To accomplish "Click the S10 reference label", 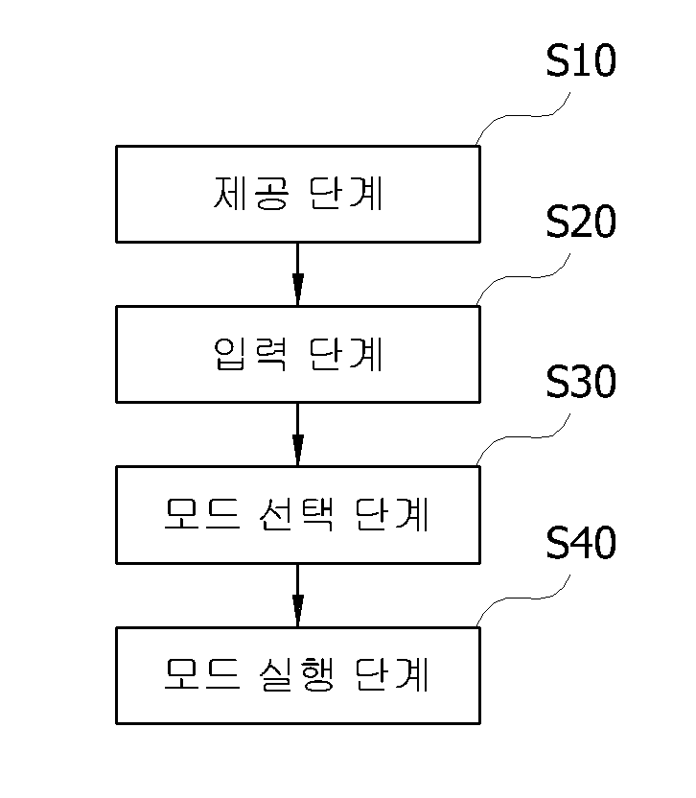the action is coord(581,60).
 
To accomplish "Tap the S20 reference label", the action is coord(581,222).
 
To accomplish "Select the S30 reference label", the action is coord(581,382).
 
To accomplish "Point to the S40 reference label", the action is coord(581,543).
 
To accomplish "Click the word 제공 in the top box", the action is coord(251,194).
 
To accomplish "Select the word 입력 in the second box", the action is coord(250,354).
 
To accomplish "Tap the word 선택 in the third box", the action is coord(296,514).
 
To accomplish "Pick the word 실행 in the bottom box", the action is coord(296,675).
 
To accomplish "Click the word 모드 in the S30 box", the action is coord(202,514).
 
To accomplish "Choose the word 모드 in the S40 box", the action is coord(202,675).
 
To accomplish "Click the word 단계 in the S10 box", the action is coord(346,194).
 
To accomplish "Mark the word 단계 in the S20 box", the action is coord(346,354).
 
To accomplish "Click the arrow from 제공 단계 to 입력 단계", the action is coord(298,274).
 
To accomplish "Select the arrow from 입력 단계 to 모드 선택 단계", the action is coord(298,434).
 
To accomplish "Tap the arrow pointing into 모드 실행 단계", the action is coord(298,596).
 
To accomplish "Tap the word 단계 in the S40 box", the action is coord(392,675).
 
